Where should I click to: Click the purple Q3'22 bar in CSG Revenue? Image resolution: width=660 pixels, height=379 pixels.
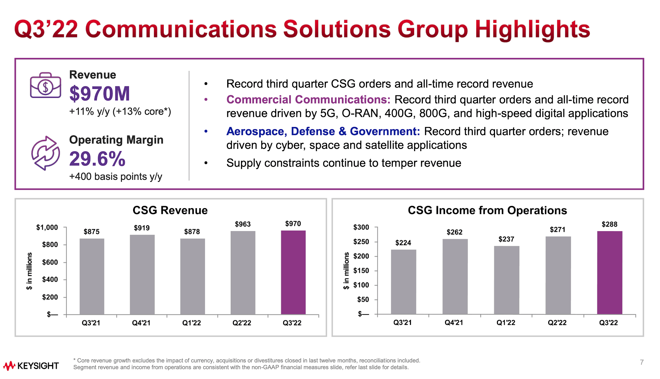pyautogui.click(x=293, y=272)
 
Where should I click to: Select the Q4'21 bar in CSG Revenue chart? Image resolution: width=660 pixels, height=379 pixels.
pyautogui.click(x=142, y=274)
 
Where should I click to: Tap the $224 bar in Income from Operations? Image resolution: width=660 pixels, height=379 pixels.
pyautogui.click(x=403, y=282)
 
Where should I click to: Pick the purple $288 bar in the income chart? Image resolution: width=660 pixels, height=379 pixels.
pyautogui.click(x=609, y=272)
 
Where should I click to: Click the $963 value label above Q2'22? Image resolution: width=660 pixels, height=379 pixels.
pyautogui.click(x=243, y=224)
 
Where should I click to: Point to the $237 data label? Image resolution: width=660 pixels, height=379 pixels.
pyautogui.click(x=506, y=239)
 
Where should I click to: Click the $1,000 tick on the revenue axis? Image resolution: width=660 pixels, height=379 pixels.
pyautogui.click(x=47, y=228)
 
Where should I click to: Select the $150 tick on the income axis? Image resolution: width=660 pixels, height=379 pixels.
pyautogui.click(x=361, y=271)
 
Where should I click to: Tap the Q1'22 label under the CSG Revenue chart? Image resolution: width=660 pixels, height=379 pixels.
pyautogui.click(x=191, y=323)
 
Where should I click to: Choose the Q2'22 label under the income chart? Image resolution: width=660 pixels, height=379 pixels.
pyautogui.click(x=557, y=323)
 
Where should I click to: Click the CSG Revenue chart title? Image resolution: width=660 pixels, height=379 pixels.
pyautogui.click(x=170, y=210)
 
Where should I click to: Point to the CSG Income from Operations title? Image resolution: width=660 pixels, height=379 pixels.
pyautogui.click(x=487, y=210)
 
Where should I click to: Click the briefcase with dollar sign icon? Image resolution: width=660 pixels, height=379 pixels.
pyautogui.click(x=45, y=85)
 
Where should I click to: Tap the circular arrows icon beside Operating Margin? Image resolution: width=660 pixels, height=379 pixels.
pyautogui.click(x=45, y=153)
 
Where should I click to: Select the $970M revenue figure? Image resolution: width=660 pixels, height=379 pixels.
pyautogui.click(x=100, y=94)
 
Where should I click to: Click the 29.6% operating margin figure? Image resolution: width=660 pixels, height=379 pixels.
pyautogui.click(x=97, y=159)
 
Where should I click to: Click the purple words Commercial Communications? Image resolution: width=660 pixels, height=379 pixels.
pyautogui.click(x=308, y=100)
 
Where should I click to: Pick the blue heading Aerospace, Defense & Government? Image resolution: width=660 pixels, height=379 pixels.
pyautogui.click(x=323, y=131)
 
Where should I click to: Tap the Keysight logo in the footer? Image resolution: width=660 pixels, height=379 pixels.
pyautogui.click(x=31, y=366)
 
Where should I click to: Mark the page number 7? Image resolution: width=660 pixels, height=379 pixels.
pyautogui.click(x=642, y=362)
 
